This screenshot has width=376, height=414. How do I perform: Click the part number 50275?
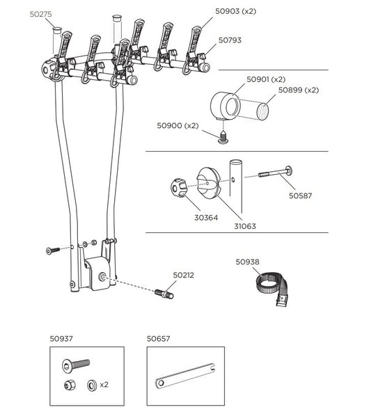pyautogui.click(x=41, y=13)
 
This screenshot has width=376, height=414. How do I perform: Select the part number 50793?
pyautogui.click(x=229, y=40)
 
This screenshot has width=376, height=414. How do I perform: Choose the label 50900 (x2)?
pyautogui.click(x=178, y=125)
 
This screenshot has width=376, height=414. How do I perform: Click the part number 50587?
pyautogui.click(x=300, y=196)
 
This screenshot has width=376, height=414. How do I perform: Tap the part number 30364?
pyautogui.click(x=205, y=218)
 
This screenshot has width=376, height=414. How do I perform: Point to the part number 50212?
pyautogui.click(x=184, y=275)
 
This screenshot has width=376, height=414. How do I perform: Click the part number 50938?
pyautogui.click(x=247, y=262)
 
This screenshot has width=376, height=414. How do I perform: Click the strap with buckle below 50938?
pyautogui.click(x=269, y=286)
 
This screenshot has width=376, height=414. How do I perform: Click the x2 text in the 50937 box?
pyautogui.click(x=104, y=384)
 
